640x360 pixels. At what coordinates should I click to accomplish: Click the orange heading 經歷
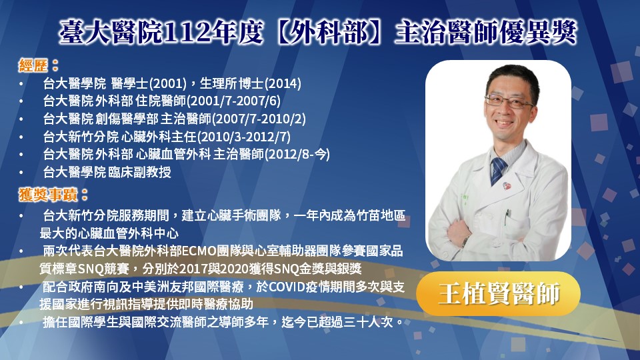click(x=33, y=65)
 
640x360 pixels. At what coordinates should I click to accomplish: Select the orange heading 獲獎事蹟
click(x=48, y=195)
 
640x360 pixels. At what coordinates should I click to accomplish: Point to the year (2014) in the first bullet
click(x=283, y=84)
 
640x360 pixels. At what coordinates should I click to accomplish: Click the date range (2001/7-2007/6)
click(x=234, y=101)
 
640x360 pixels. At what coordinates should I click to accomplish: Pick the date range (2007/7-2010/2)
click(x=259, y=119)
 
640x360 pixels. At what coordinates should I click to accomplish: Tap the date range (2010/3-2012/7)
click(x=244, y=137)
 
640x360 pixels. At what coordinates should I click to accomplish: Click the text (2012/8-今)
click(x=297, y=154)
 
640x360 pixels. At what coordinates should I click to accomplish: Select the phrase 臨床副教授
click(x=139, y=172)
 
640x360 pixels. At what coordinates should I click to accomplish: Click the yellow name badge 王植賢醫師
click(x=499, y=293)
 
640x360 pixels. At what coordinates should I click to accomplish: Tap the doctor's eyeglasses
click(x=509, y=101)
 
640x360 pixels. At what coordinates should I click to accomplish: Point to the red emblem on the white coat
click(x=507, y=186)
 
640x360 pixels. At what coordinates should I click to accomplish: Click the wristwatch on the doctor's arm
click(x=465, y=241)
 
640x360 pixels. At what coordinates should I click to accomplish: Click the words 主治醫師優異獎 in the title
click(x=486, y=32)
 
